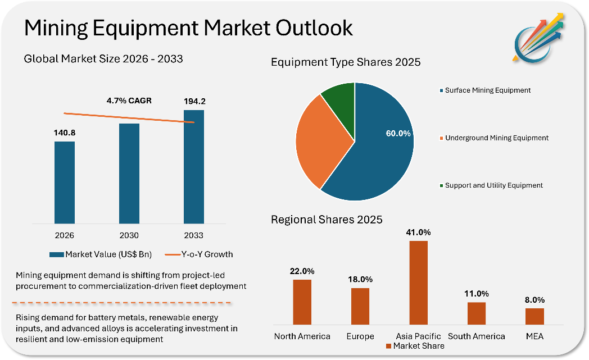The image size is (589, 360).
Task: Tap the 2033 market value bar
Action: click(194, 166)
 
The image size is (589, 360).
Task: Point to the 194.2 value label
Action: click(194, 102)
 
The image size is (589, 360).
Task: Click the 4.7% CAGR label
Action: click(129, 101)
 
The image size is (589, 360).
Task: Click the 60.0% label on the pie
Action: click(398, 134)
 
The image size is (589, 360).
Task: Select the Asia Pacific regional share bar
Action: click(418, 282)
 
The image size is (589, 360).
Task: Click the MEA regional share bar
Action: click(534, 316)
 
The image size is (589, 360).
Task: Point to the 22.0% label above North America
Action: click(302, 271)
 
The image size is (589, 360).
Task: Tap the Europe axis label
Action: click(360, 336)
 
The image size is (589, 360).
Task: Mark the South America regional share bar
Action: click(477, 313)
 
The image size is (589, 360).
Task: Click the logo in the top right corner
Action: click(539, 36)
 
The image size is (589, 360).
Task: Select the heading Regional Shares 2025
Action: click(327, 220)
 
